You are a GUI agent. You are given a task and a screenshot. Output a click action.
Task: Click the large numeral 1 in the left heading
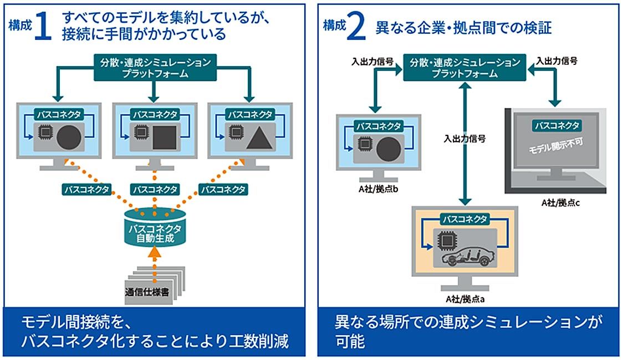coord(43,27)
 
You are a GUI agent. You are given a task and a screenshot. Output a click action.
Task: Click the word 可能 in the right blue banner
coord(350,341)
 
